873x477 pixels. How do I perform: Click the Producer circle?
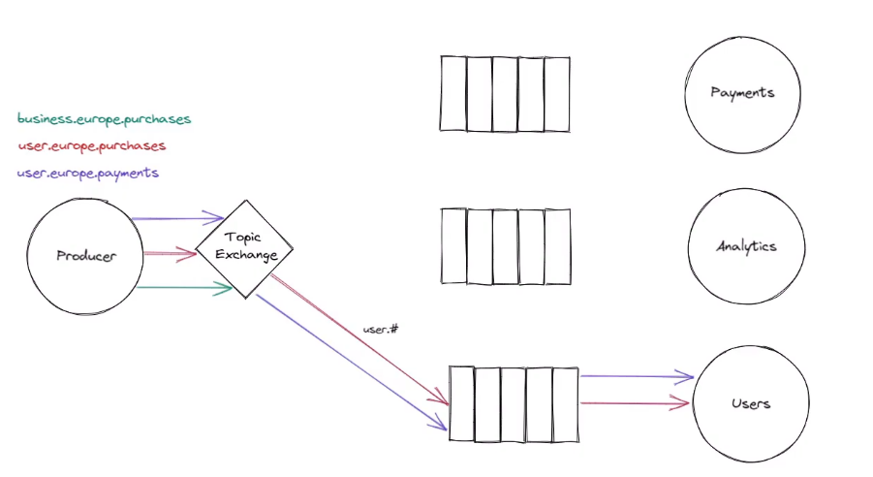(x=85, y=256)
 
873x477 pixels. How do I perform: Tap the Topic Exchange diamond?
(x=244, y=248)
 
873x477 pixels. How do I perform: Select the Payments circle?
(x=742, y=93)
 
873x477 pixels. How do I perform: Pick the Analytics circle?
(x=746, y=246)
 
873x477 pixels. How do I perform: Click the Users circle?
(x=752, y=402)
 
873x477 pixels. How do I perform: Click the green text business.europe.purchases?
(x=105, y=119)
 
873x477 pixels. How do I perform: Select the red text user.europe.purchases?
(x=92, y=146)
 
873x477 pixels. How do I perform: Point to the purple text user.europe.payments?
(x=88, y=174)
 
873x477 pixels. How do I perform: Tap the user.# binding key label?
(x=382, y=330)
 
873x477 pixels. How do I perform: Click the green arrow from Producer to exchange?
(x=184, y=287)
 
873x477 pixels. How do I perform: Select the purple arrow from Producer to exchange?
(x=179, y=218)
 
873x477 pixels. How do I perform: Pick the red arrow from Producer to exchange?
(x=171, y=255)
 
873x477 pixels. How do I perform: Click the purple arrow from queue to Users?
(x=637, y=376)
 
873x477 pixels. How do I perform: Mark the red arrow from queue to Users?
(x=635, y=402)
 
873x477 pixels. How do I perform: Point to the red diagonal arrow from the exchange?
(x=359, y=339)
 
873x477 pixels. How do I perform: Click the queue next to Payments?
(x=505, y=93)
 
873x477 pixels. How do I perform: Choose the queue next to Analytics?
(x=505, y=246)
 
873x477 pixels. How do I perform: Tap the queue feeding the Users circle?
(x=514, y=403)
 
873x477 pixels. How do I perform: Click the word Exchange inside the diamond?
(x=247, y=256)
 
